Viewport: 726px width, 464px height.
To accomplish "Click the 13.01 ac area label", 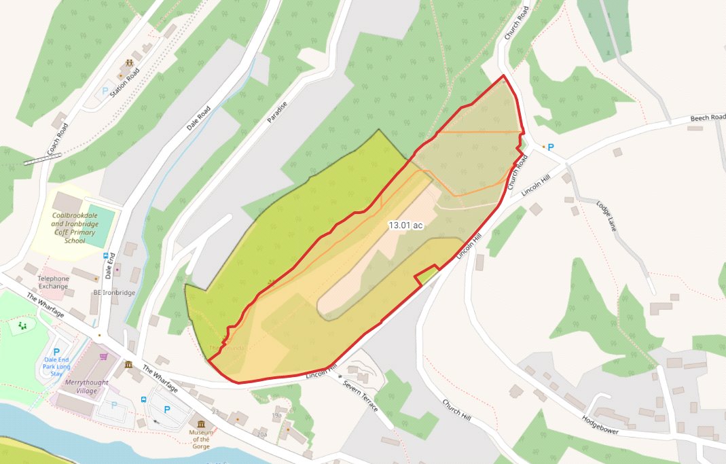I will click(405, 225).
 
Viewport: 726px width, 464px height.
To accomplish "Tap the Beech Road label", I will click(707, 118).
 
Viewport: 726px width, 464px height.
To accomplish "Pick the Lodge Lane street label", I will click(606, 216).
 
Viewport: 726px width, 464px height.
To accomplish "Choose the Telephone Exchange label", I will click(54, 282).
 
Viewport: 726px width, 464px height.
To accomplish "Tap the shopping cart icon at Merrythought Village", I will click(104, 356).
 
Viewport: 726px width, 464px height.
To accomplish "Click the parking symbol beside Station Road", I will click(105, 90).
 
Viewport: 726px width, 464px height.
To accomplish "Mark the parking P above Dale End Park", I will click(56, 352).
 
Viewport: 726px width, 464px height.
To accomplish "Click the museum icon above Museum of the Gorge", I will click(200, 425).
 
